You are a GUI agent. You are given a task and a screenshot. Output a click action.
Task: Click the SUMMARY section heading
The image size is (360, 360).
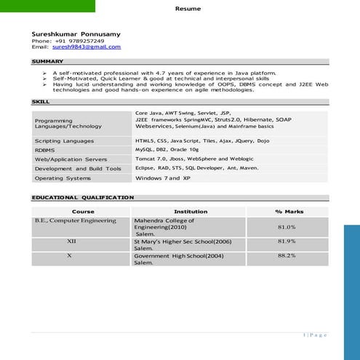click(47, 61)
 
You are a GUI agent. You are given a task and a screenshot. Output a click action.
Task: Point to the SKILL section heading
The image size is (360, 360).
click(41, 101)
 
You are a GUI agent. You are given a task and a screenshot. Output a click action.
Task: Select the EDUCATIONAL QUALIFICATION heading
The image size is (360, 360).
click(82, 197)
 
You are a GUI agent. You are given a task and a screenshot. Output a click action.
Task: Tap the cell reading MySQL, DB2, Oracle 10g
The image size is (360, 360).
click(167, 148)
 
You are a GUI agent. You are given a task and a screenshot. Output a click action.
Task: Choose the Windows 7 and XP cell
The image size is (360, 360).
click(163, 177)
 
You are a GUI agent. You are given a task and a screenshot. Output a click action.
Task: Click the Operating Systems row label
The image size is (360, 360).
click(63, 177)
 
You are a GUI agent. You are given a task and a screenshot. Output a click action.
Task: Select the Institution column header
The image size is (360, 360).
click(191, 212)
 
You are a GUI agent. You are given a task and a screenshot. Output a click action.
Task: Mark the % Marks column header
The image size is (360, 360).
click(289, 212)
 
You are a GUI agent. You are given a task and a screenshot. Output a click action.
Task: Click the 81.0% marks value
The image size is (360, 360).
click(287, 227)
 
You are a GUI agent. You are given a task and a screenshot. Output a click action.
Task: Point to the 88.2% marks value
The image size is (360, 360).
click(287, 256)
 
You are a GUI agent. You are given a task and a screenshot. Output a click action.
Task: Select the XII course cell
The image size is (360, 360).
click(71, 241)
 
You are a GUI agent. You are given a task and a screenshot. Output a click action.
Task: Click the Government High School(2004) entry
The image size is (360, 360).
click(179, 256)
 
